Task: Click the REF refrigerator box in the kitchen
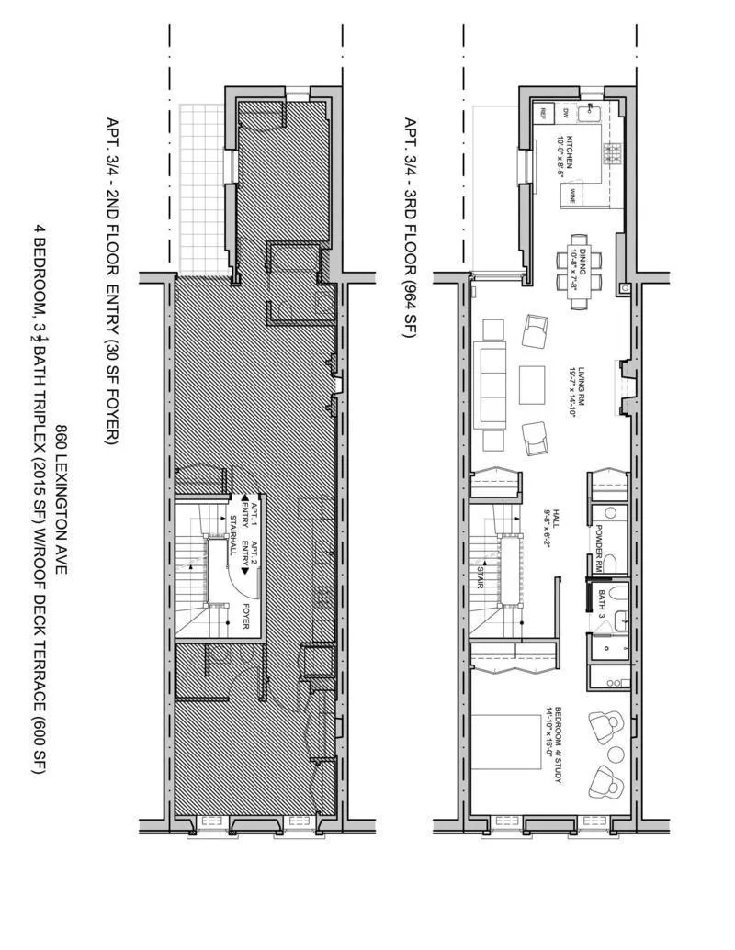543,114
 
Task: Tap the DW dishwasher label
566,113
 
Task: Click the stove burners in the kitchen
611,153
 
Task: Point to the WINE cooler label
572,194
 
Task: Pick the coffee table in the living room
532,384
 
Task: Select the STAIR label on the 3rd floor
480,575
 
